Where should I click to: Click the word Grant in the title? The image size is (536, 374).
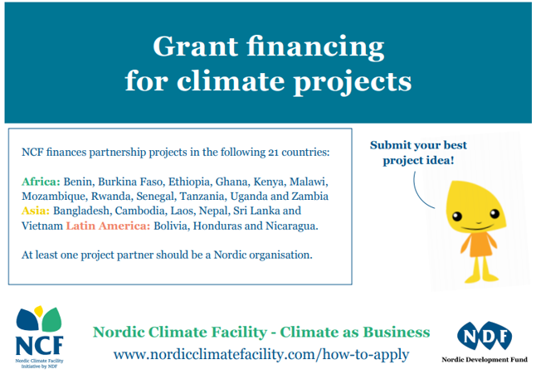pos(196,46)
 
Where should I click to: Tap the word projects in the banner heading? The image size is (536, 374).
pos(353,82)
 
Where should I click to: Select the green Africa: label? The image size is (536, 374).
pos(41,182)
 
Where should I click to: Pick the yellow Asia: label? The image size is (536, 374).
pos(36,211)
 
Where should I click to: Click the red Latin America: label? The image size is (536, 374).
pos(108,226)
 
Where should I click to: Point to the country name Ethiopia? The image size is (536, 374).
pos(189,182)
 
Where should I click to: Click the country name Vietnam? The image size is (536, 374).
pos(42,226)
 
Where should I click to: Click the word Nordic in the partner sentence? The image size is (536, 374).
pos(230,255)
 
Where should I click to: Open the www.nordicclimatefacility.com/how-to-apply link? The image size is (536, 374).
pos(261,354)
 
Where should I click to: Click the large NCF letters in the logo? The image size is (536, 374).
pos(39,345)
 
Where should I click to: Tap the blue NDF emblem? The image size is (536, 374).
pos(485,336)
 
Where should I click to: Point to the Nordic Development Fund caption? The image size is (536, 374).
pos(485,360)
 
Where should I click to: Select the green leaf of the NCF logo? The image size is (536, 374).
pos(52,320)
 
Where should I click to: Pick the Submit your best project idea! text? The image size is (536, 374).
pos(418,153)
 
